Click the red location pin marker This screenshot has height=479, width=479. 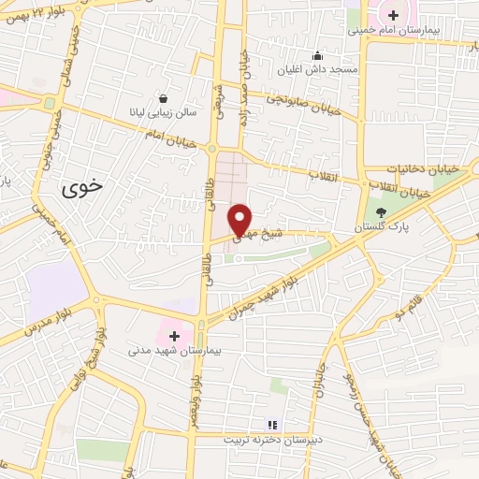tap(240, 219)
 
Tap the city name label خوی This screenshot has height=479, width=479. tap(82, 187)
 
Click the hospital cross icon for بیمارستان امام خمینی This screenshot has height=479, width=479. tap(394, 15)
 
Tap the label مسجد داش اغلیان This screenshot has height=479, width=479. tap(317, 69)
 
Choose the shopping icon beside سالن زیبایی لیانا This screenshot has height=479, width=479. tap(164, 98)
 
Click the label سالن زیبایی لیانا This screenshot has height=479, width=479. tap(164, 112)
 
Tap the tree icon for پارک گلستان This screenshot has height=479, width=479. tap(381, 212)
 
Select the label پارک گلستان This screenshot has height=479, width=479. tap(374, 227)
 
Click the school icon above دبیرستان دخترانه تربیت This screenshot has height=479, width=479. tap(273, 425)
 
